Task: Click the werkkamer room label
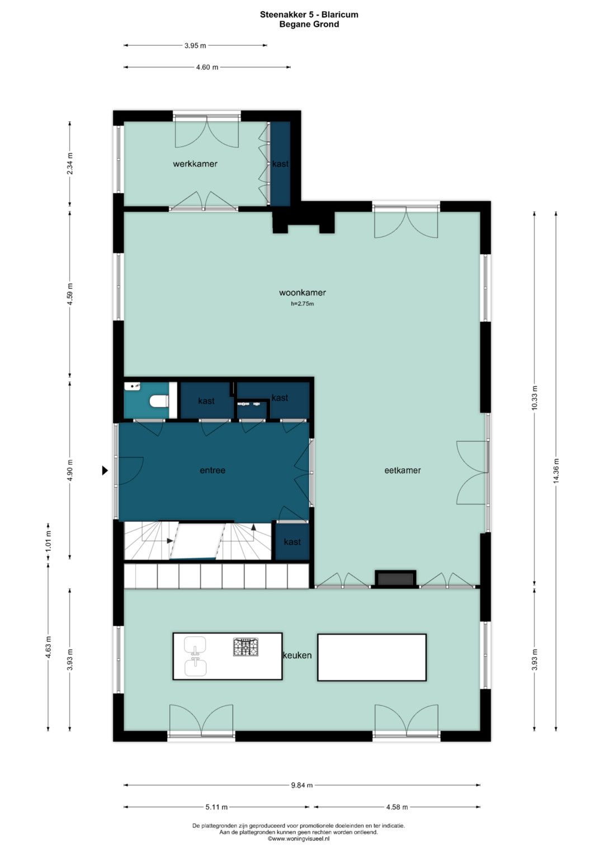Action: pos(195,164)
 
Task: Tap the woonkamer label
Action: pos(303,293)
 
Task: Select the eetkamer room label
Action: pos(402,470)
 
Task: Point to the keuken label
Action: pos(297,655)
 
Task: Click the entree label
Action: pos(213,470)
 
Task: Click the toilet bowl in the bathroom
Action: pos(159,401)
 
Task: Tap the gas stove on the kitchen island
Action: pos(246,647)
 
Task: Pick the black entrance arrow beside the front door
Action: pos(105,471)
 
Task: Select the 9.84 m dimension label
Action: pos(302,785)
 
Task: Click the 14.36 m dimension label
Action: pos(555,471)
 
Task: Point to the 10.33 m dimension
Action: pos(534,398)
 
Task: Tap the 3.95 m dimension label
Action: pos(195,46)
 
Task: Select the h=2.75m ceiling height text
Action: pos(303,304)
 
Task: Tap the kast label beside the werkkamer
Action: pos(280,164)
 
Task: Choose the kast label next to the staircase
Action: pos(292,542)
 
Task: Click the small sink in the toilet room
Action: pos(133,387)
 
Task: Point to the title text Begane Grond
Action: pos(309,25)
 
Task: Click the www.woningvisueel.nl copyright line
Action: pos(299,838)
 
